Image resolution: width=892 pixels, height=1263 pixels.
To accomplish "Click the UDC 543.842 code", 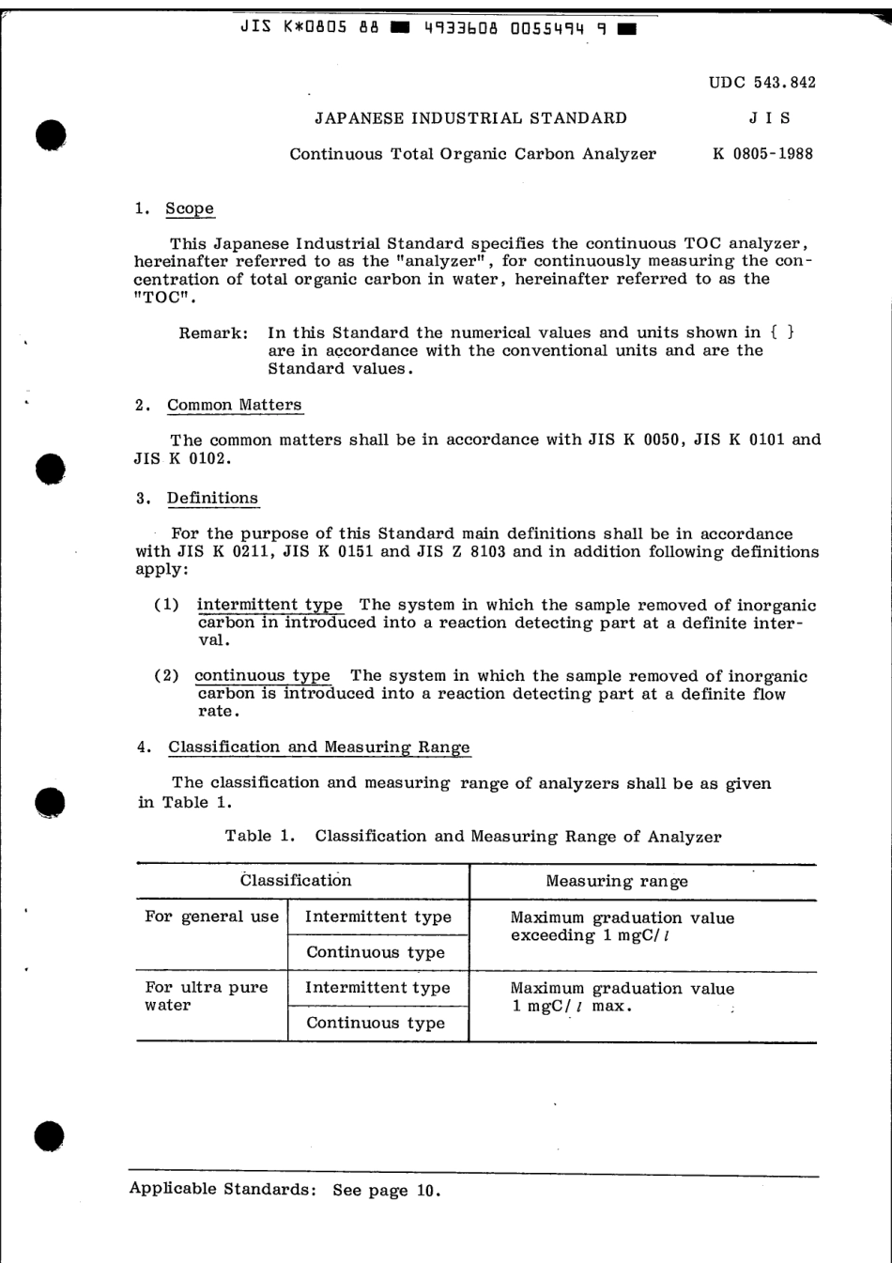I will point(761,83).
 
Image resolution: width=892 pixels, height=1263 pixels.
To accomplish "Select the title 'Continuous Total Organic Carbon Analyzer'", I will point(472,154).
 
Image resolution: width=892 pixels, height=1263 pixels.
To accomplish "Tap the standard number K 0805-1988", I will point(762,154).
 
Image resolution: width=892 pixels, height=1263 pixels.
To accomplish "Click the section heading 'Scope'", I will point(190,208).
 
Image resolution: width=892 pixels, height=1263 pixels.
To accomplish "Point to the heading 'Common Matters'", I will point(235,405).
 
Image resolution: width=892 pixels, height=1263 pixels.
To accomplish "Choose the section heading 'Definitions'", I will point(212,498).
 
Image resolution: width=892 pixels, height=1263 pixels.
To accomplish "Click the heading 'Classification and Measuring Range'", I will point(319,747).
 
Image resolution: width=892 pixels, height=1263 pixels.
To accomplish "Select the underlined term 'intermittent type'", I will point(269,606).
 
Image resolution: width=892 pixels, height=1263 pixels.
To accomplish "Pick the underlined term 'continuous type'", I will point(262,676).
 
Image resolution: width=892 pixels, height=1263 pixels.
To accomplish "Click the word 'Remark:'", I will point(214,332).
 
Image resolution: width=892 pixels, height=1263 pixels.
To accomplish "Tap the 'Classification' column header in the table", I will point(296,881).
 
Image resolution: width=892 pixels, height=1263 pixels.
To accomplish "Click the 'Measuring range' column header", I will point(617,882).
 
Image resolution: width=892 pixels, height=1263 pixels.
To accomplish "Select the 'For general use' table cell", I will point(211,917).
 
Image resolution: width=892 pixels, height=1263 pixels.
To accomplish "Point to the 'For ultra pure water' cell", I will point(207,996).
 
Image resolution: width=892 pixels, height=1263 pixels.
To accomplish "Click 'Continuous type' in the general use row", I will point(376,952).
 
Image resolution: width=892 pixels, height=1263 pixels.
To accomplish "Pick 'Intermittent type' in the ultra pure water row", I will point(377,988).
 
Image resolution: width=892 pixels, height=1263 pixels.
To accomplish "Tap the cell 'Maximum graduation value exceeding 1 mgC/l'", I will point(622,927).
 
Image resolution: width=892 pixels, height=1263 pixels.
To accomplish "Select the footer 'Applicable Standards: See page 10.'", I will point(285,1190).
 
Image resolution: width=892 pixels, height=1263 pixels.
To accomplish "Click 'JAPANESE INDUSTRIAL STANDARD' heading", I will point(470,118).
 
